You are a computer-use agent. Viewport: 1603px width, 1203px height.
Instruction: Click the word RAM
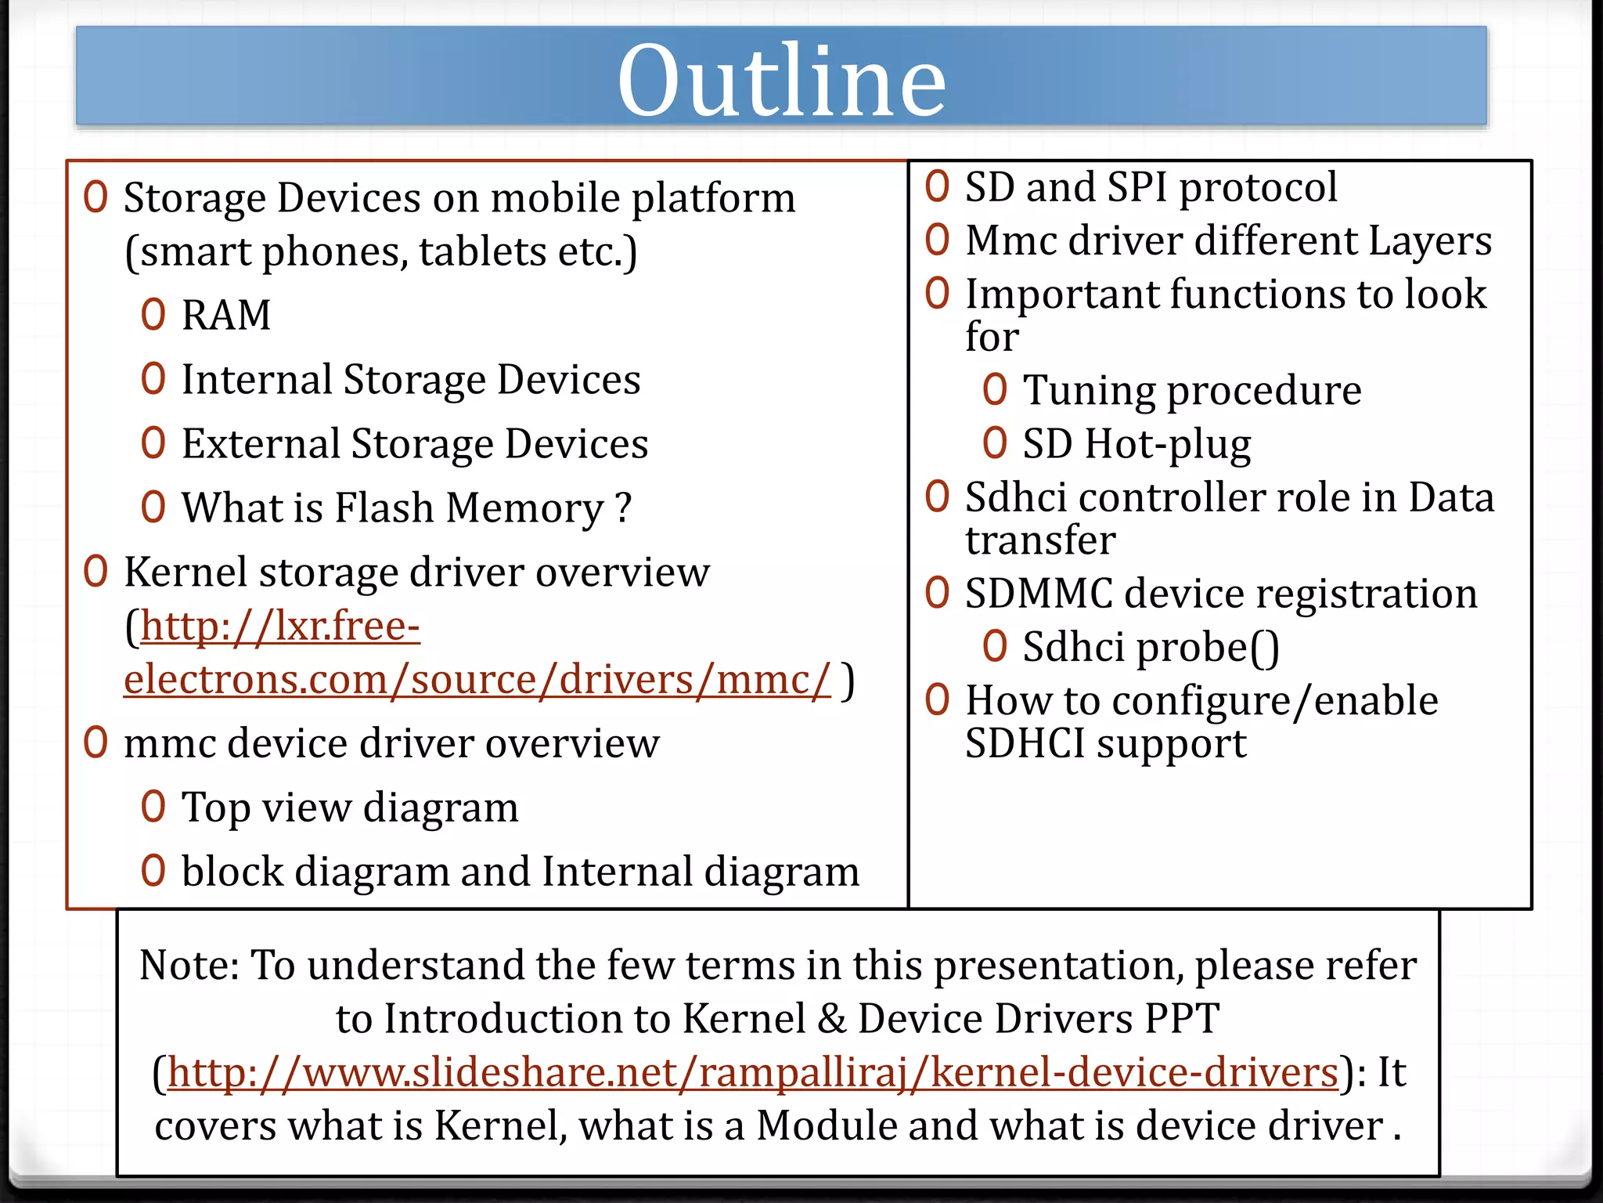tap(226, 315)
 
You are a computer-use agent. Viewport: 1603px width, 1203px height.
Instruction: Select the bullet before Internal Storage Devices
tap(153, 379)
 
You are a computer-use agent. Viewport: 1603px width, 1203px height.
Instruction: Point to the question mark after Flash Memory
tap(624, 508)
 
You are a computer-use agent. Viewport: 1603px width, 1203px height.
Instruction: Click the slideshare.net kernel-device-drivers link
tap(752, 1071)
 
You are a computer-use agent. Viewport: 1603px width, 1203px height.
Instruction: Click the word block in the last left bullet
tap(232, 871)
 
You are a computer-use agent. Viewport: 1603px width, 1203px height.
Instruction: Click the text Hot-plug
tap(1168, 444)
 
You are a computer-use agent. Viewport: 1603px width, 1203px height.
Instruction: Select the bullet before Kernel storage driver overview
tap(95, 572)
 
